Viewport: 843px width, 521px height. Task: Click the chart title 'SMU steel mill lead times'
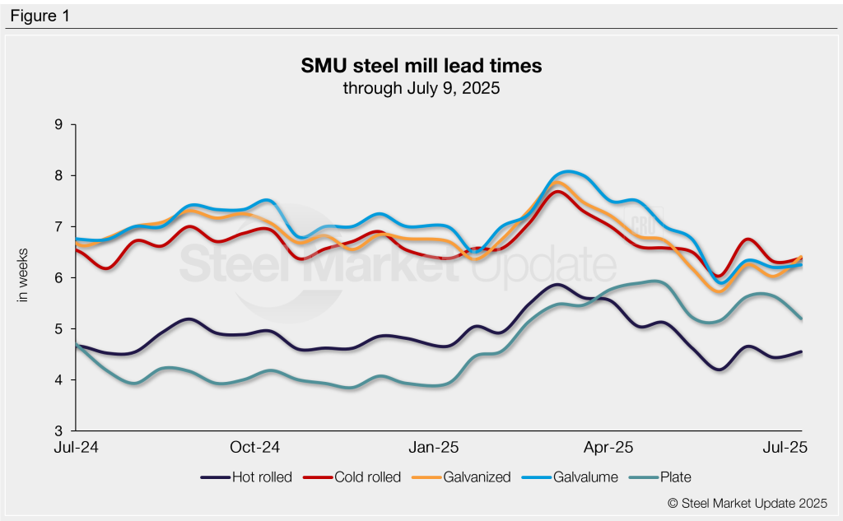421,65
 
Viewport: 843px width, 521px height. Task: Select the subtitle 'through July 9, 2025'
421,87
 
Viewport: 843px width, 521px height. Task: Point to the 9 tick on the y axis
59,124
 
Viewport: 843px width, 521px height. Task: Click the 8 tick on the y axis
59,175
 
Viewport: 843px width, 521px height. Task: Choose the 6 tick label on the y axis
59,277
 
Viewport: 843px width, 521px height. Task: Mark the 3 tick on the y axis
59,430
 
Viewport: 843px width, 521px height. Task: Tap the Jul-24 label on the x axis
77,448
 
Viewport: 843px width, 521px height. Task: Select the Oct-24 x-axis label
255,448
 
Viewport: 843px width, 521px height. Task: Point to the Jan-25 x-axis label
435,448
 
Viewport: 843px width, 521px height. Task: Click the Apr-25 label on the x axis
610,448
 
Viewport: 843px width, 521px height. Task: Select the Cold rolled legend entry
363,477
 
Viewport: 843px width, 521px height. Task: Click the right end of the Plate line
801,319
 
